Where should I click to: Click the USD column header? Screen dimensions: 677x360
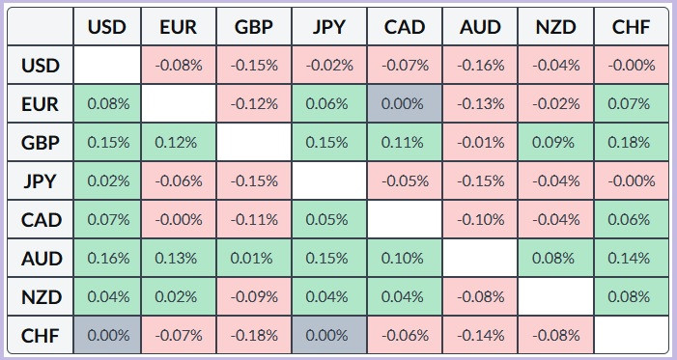click(x=107, y=27)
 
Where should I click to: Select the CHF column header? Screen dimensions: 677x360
click(x=632, y=27)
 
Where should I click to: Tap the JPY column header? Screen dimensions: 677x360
click(x=329, y=27)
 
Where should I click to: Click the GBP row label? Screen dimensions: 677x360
click(x=41, y=143)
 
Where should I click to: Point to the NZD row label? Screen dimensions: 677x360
click(x=41, y=297)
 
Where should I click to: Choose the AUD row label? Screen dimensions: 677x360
click(x=41, y=258)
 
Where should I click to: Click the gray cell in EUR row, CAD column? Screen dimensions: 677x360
click(x=405, y=103)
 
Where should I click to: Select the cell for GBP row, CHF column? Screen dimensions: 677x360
click(x=632, y=143)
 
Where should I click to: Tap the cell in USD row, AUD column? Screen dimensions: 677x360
click(x=480, y=66)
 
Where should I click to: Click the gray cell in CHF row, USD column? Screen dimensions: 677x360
click(x=107, y=336)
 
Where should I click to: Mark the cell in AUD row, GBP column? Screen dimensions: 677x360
click(x=254, y=258)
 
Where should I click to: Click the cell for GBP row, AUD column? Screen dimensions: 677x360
click(x=480, y=143)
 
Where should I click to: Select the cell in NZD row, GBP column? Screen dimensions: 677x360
click(x=254, y=297)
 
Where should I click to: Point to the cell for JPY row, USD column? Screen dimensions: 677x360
click(x=107, y=180)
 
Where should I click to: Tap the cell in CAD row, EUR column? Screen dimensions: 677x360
click(x=179, y=220)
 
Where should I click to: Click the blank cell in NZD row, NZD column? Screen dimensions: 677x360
click(x=555, y=297)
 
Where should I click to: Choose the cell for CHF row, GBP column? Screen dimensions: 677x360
click(x=254, y=336)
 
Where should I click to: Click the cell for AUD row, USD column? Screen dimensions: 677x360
click(x=107, y=258)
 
